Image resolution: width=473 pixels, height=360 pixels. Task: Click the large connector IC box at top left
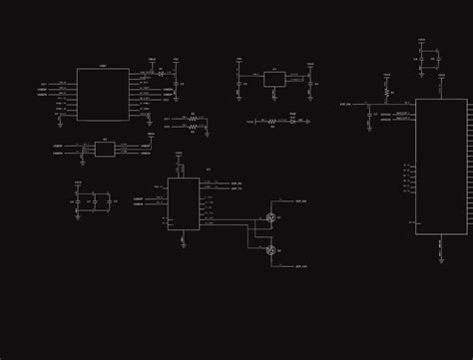103,95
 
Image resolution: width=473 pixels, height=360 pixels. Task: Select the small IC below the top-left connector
105,150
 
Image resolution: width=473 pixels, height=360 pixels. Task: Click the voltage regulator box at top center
274,79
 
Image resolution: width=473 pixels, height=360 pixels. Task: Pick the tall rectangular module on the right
441,167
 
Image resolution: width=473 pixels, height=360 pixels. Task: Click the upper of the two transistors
270,217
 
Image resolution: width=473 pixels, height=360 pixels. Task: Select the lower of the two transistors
270,249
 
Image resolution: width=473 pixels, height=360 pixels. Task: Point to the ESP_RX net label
236,183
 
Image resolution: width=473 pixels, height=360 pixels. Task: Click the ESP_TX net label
236,188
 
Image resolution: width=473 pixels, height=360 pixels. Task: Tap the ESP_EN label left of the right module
345,103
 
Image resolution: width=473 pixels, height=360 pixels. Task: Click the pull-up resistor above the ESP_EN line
386,93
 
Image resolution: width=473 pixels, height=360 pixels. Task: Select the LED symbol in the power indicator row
292,121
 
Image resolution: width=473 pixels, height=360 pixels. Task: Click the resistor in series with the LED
272,122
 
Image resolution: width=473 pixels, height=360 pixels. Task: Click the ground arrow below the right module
440,257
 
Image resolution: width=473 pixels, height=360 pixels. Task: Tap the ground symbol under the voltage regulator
274,98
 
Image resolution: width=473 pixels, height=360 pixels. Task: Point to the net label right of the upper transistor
300,201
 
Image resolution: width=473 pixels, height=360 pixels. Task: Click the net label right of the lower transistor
300,267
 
